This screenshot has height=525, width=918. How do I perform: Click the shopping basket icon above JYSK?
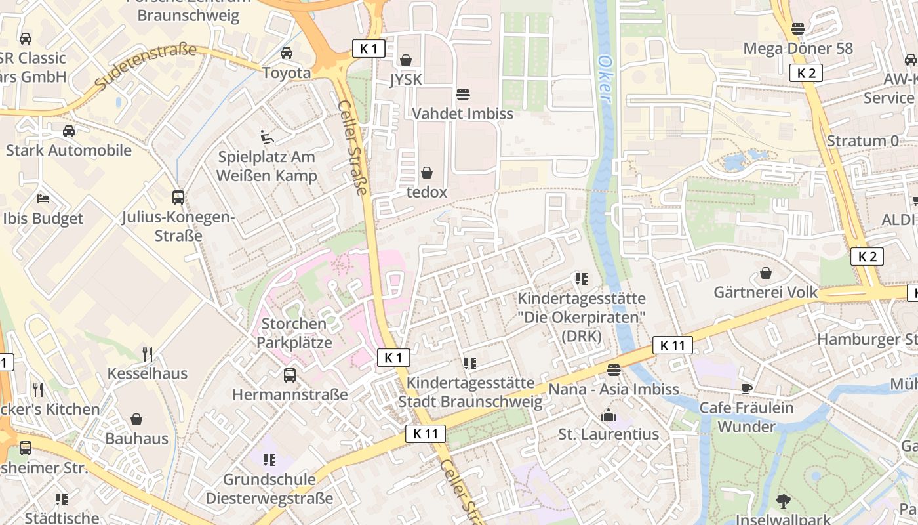(406, 60)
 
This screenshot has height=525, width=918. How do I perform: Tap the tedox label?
(426, 192)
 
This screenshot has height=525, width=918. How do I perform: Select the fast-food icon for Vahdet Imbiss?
(463, 94)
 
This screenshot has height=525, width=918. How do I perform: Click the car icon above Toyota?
(287, 53)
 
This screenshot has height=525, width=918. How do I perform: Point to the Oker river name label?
(605, 78)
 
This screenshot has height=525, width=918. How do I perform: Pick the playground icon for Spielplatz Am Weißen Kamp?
(267, 137)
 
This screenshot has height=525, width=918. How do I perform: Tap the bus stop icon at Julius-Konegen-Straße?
(178, 197)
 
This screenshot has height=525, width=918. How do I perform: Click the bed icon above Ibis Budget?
(43, 199)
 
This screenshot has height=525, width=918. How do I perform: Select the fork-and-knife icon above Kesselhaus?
(148, 354)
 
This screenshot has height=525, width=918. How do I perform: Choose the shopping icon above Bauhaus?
(136, 419)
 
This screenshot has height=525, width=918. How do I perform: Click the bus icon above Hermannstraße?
(289, 375)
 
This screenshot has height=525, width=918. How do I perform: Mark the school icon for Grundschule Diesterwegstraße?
(269, 460)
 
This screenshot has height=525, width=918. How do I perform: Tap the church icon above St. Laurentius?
(609, 415)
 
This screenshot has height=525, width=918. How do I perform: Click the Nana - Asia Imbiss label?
(613, 389)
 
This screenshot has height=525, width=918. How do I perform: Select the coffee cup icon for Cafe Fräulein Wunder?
(746, 388)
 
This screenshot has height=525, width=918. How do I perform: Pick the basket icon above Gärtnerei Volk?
(765, 273)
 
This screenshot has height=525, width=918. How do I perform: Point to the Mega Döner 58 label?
(798, 49)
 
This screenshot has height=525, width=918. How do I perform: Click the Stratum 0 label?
(862, 141)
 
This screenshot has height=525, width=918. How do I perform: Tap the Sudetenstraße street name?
(146, 67)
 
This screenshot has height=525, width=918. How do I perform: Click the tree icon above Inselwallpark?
(783, 501)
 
